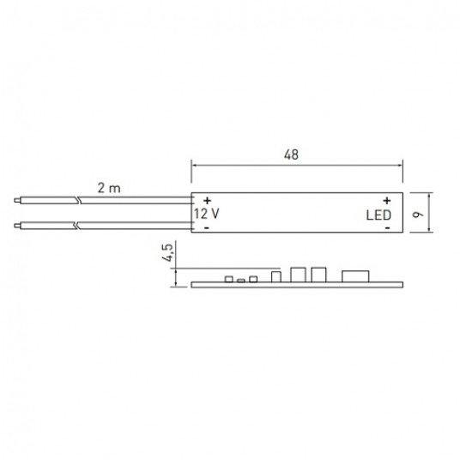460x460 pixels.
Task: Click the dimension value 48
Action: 291,154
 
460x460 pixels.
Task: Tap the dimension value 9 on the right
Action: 419,214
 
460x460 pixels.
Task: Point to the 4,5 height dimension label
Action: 167,252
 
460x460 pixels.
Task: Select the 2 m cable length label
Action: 109,188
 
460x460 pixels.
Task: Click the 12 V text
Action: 206,214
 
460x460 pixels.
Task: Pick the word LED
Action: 378,215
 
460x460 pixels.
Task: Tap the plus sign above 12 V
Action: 208,201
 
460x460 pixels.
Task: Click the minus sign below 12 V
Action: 207,228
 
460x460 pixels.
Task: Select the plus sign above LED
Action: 387,201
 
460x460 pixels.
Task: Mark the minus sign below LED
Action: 388,228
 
